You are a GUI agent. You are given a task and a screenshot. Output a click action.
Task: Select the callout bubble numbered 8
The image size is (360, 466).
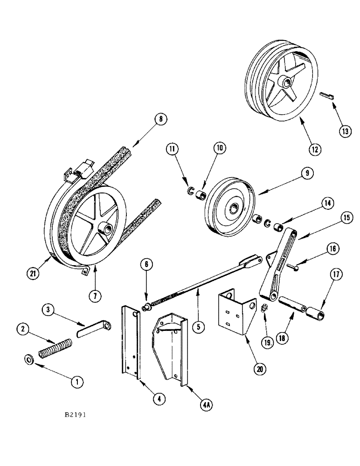coord(160,119)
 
